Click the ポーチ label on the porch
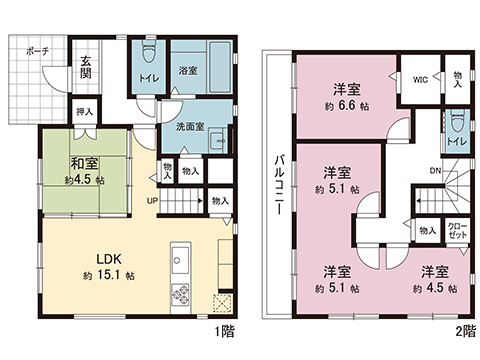(38, 51)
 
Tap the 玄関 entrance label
(86, 67)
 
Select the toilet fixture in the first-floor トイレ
(149, 53)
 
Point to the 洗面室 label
(190, 127)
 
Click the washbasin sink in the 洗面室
(218, 140)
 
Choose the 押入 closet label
(85, 111)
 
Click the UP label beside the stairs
(152, 201)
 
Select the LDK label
(109, 259)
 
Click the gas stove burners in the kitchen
(180, 294)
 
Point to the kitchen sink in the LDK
(180, 258)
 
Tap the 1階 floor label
(225, 332)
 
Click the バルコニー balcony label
(279, 185)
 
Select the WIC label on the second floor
(420, 80)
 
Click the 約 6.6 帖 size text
(347, 106)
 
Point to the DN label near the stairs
(435, 171)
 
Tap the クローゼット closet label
(458, 230)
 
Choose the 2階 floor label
(466, 332)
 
